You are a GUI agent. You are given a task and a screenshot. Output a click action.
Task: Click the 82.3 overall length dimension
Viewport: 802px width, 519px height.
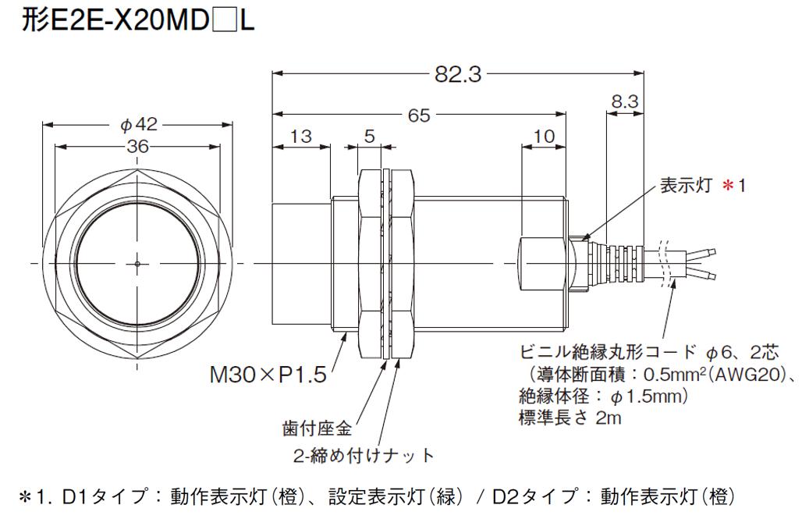(459, 75)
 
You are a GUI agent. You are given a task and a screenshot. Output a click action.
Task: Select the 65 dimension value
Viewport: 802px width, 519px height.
(419, 116)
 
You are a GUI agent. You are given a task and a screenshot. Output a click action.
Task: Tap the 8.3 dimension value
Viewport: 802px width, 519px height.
(625, 101)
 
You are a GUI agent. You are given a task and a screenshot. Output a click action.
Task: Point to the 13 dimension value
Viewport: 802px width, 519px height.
(300, 137)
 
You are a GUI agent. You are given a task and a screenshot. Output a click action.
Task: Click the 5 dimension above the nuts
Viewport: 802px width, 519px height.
(371, 137)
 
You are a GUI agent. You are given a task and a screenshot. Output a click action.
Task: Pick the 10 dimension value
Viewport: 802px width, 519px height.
(544, 137)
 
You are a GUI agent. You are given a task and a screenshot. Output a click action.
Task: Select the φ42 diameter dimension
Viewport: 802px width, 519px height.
(139, 123)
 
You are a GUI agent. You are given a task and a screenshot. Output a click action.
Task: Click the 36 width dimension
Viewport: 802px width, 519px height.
(139, 146)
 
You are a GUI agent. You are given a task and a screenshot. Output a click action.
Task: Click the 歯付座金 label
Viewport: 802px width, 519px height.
(315, 427)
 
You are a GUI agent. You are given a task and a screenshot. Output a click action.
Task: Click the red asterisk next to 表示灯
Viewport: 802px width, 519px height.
(729, 187)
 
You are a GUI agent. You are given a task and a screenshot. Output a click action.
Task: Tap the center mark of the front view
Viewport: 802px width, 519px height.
(137, 263)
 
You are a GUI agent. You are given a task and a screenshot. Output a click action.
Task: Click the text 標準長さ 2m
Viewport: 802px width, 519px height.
(570, 419)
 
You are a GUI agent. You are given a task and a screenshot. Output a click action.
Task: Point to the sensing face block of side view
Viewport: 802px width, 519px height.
(300, 263)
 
